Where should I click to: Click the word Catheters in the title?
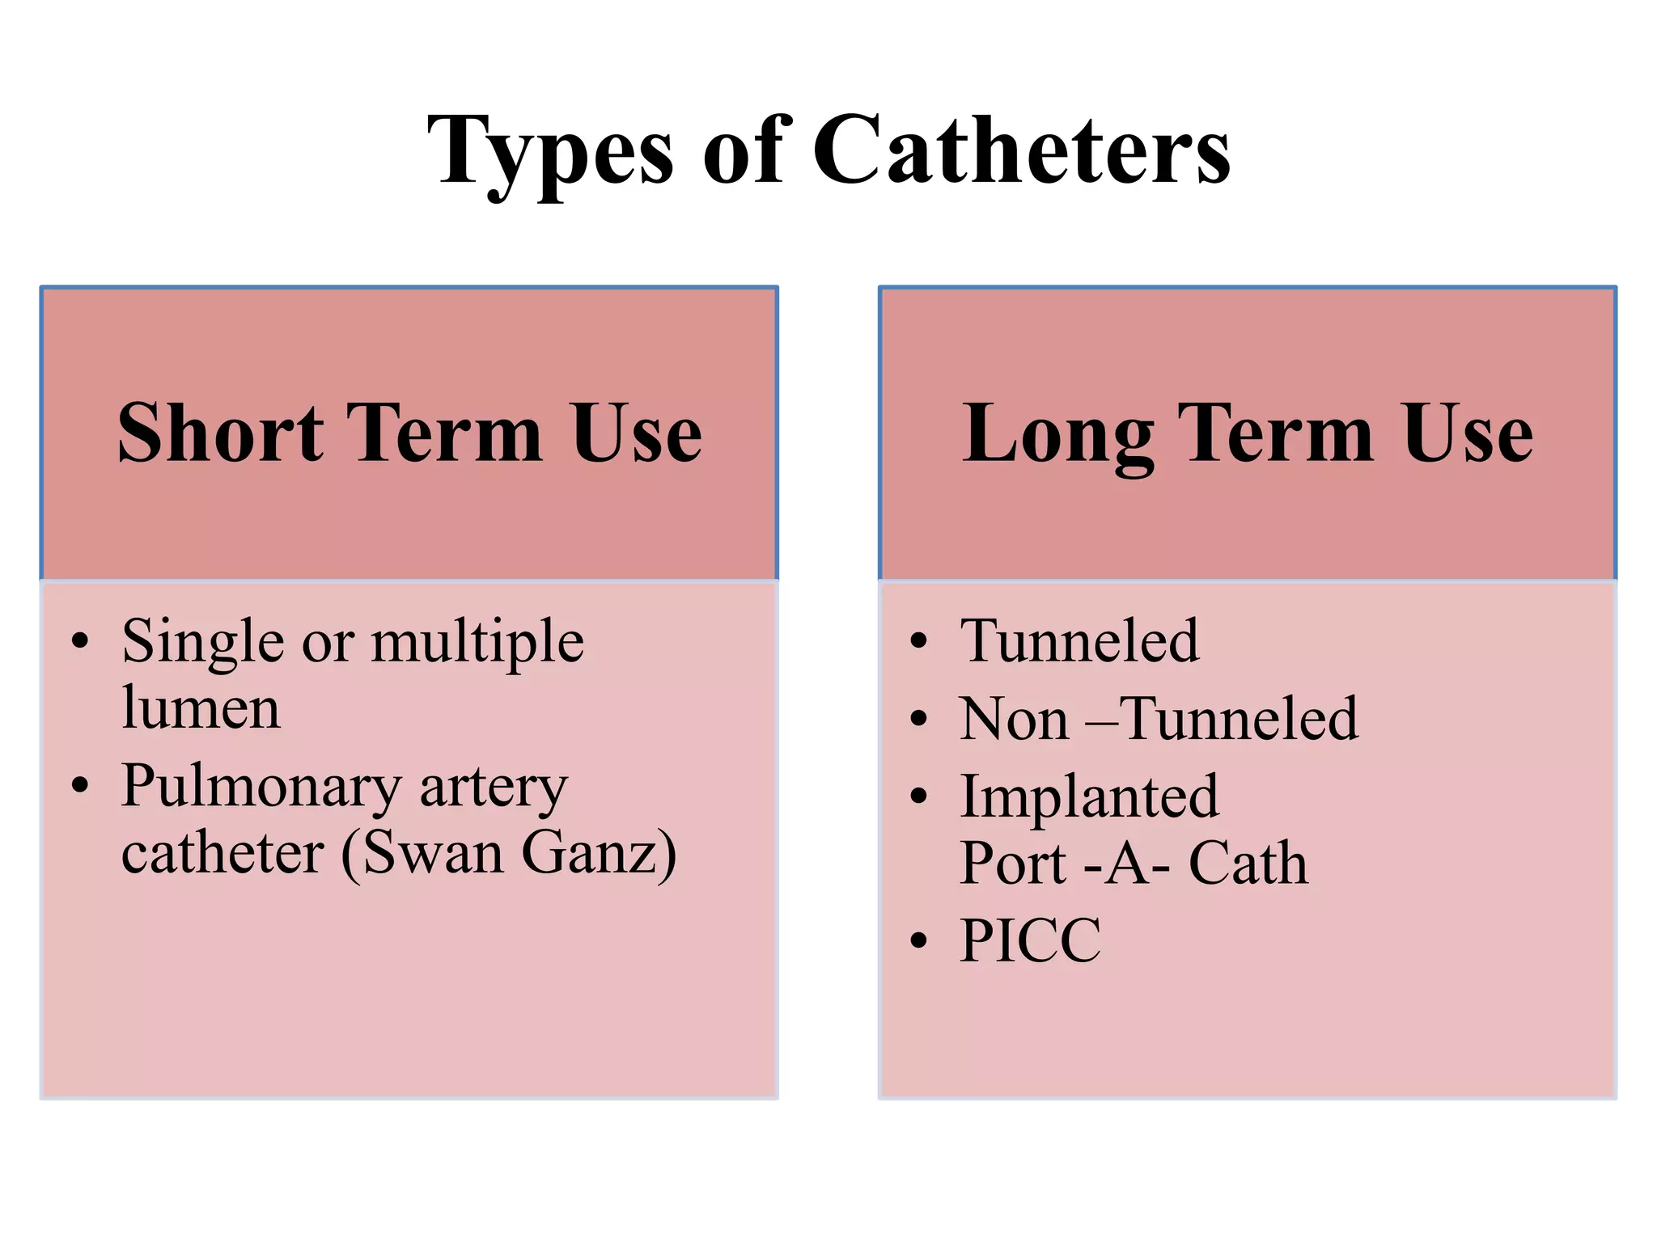[x=1021, y=150]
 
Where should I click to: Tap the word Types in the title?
[x=550, y=154]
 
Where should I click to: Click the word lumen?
[x=201, y=708]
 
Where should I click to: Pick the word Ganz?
[x=599, y=854]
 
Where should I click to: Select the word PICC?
[x=1030, y=940]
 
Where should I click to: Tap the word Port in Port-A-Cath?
[x=1013, y=864]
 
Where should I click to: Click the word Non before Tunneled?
[x=1014, y=719]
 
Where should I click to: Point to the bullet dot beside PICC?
[x=917, y=941]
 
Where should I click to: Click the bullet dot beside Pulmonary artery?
[x=79, y=784]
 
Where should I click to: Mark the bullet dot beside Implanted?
[x=917, y=796]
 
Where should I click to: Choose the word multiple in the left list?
[x=477, y=641]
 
